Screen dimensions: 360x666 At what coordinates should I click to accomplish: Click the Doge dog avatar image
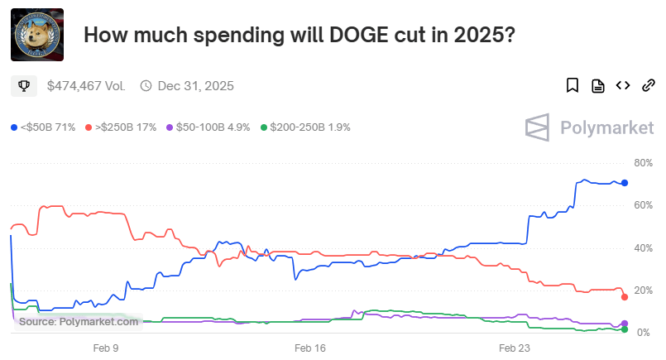(37, 35)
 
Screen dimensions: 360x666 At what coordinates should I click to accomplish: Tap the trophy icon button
(25, 85)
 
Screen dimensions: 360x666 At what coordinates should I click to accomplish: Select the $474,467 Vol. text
(86, 85)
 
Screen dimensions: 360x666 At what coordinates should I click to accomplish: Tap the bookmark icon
(572, 85)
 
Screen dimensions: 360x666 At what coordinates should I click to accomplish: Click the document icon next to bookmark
(597, 85)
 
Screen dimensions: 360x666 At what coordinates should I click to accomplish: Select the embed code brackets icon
(623, 85)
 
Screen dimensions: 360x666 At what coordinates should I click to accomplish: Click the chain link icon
(649, 85)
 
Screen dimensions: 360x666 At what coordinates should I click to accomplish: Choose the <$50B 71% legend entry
(43, 127)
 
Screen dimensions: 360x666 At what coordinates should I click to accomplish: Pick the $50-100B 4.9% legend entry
(208, 127)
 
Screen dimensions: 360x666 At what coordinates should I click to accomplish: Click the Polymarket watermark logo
(590, 127)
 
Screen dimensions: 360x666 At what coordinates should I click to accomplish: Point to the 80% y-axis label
(644, 162)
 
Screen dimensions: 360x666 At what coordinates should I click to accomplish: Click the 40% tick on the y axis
(644, 247)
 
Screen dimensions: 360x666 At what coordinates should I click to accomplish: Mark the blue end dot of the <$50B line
(625, 183)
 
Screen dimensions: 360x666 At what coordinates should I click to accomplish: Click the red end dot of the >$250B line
(625, 297)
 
